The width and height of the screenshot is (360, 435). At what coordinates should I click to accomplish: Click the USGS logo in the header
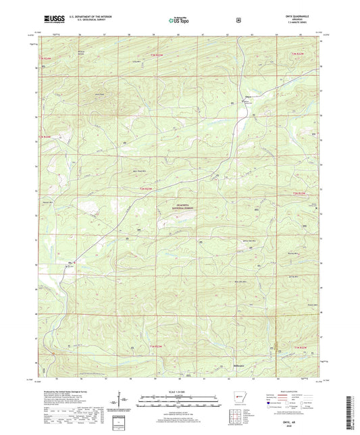(50, 20)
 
